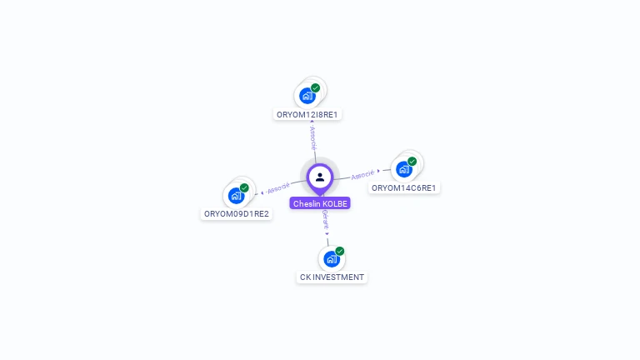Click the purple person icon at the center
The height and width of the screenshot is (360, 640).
pyautogui.click(x=320, y=177)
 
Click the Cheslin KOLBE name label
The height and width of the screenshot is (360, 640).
pyautogui.click(x=320, y=203)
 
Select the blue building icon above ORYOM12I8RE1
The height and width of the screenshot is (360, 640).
pyautogui.click(x=307, y=96)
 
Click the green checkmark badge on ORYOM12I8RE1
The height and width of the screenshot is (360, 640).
pyautogui.click(x=316, y=87)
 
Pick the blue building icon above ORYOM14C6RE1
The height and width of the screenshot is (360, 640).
pyautogui.click(x=403, y=169)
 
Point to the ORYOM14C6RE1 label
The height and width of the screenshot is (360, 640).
pyautogui.click(x=404, y=188)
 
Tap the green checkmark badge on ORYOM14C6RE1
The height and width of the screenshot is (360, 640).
pyautogui.click(x=412, y=161)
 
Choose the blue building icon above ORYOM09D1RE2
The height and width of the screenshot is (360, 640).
pyautogui.click(x=236, y=196)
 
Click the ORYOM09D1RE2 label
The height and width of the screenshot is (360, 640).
pyautogui.click(x=237, y=214)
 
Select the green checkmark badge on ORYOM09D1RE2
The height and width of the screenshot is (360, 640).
pyautogui.click(x=244, y=187)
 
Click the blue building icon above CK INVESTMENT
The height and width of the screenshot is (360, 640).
pyautogui.click(x=331, y=259)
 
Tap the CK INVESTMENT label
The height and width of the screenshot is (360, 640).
pyautogui.click(x=332, y=277)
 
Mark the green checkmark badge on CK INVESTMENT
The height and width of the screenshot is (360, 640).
pyautogui.click(x=340, y=251)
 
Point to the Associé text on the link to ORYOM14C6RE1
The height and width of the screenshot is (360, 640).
pyautogui.click(x=362, y=175)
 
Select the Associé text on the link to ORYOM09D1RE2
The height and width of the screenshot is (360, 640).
pyautogui.click(x=278, y=187)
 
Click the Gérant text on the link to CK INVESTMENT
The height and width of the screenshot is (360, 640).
pyautogui.click(x=325, y=220)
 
